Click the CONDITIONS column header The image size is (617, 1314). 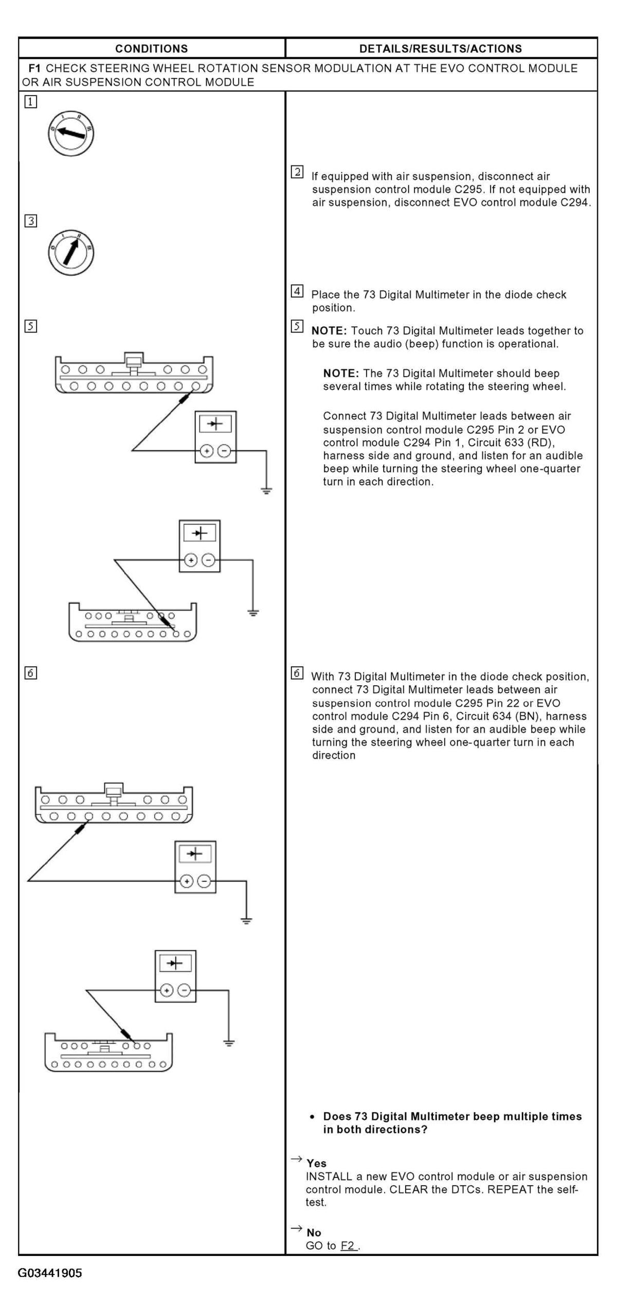(x=151, y=49)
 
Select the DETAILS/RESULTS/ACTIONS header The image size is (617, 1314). (x=441, y=49)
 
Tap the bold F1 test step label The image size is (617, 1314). (x=34, y=68)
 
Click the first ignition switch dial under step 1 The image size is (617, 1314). (x=71, y=134)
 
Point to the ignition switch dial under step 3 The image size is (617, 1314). (x=71, y=252)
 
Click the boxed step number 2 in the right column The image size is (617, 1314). (x=297, y=172)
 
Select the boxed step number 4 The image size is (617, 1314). (x=297, y=291)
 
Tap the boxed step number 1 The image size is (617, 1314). (x=30, y=102)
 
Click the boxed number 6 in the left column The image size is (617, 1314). (x=30, y=673)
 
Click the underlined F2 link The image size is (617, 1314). (x=348, y=1246)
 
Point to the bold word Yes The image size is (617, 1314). (x=316, y=1163)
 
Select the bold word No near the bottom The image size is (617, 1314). (x=314, y=1233)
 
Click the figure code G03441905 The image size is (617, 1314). (x=50, y=1273)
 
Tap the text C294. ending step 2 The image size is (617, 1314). (x=575, y=202)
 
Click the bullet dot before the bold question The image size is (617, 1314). (x=312, y=1117)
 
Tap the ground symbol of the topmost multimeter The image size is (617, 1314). (x=266, y=491)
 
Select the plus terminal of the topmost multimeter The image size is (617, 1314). (x=206, y=451)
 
